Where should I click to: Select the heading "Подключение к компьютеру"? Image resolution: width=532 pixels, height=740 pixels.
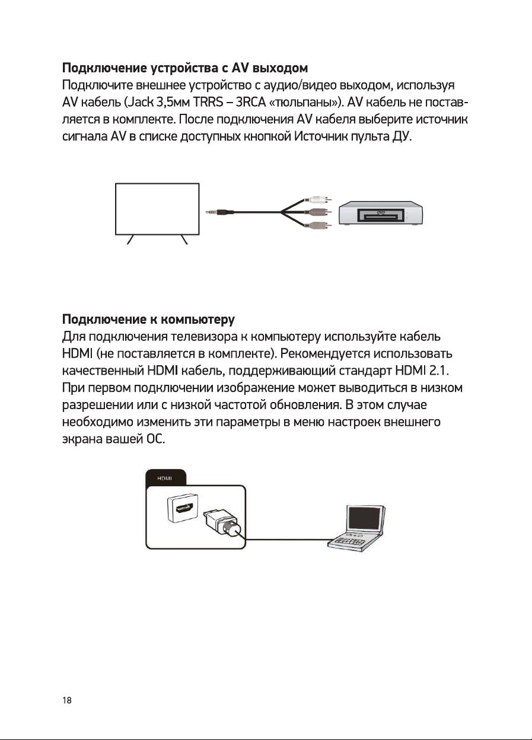149,321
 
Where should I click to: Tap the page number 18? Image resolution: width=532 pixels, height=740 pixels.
67,700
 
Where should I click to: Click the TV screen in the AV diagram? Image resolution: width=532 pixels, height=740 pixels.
157,209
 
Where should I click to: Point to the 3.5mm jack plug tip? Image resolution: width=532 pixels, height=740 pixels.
209,212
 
